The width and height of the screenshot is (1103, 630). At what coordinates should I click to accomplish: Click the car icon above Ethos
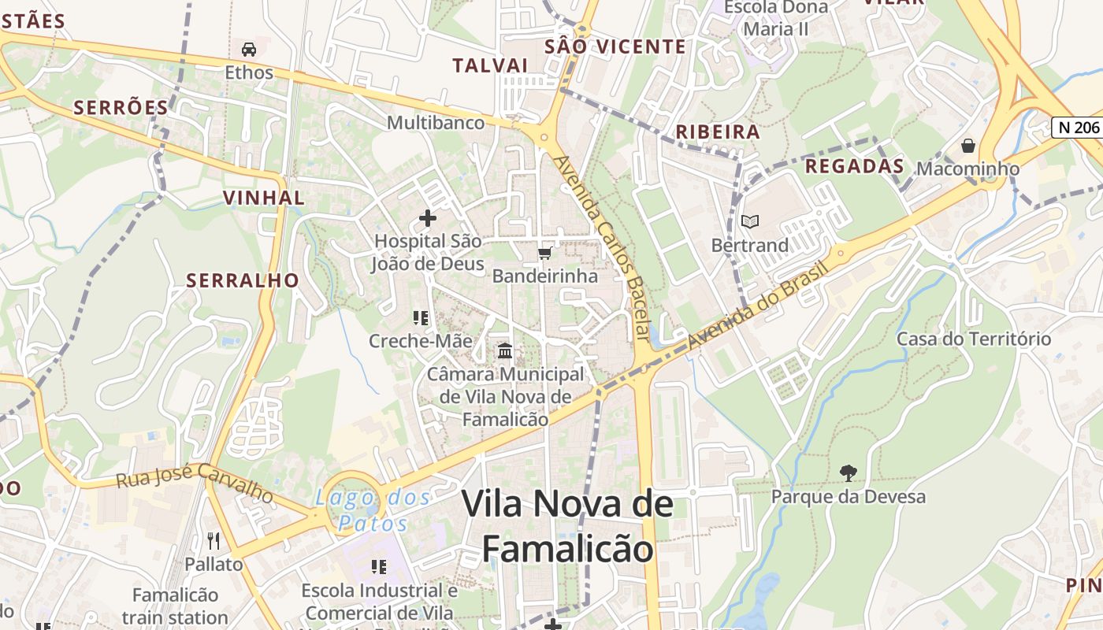pos(249,49)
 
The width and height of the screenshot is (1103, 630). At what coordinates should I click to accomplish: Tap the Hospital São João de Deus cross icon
pos(428,217)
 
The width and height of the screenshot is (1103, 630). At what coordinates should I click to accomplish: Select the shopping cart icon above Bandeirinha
pos(544,253)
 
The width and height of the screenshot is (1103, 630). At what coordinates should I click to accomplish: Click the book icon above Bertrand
pos(750,222)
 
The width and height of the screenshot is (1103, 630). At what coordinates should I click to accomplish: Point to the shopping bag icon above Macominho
pos(967,146)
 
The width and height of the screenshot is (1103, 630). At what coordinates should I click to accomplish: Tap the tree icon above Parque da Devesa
pos(849,472)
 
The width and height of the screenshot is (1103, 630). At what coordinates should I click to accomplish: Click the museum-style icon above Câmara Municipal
pos(505,350)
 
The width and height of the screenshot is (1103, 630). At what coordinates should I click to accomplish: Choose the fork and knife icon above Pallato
pos(214,540)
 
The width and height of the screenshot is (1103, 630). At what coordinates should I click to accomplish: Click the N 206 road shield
pos(1077,128)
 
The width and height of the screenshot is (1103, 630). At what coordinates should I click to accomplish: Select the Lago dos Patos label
pos(373,510)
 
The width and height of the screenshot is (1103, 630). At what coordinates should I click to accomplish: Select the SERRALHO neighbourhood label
pos(243,280)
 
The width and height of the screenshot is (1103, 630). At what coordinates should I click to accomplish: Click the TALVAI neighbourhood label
pos(490,65)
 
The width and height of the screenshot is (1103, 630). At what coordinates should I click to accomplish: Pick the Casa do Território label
pos(974,339)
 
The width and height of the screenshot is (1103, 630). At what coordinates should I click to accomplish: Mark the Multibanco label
pos(436,123)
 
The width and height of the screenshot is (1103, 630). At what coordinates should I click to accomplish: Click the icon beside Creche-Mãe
pos(421,318)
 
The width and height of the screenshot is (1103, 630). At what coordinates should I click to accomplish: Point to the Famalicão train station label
pos(175,606)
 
